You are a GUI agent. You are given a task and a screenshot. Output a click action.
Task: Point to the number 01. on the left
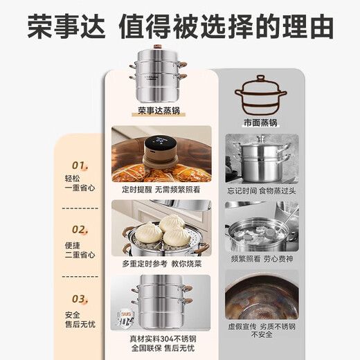tap(80, 165)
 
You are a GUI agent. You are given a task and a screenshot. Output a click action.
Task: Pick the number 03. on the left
tap(80, 298)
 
